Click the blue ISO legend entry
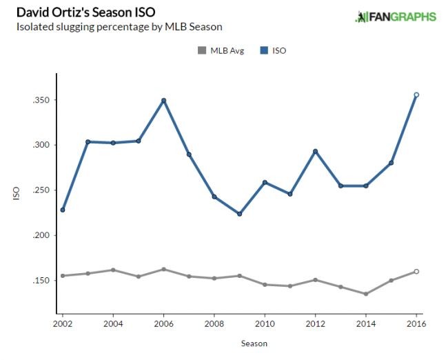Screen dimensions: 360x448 275,50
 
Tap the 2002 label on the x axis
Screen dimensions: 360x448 62,323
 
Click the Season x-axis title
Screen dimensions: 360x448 254,343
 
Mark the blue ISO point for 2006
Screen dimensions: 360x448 164,101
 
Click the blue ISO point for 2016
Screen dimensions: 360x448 416,95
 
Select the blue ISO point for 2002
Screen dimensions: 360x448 63,210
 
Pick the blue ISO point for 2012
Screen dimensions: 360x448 315,152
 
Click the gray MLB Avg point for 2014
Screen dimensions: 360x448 365,294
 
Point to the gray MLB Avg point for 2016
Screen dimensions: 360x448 416,272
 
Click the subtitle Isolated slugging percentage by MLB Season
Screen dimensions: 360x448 114,27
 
